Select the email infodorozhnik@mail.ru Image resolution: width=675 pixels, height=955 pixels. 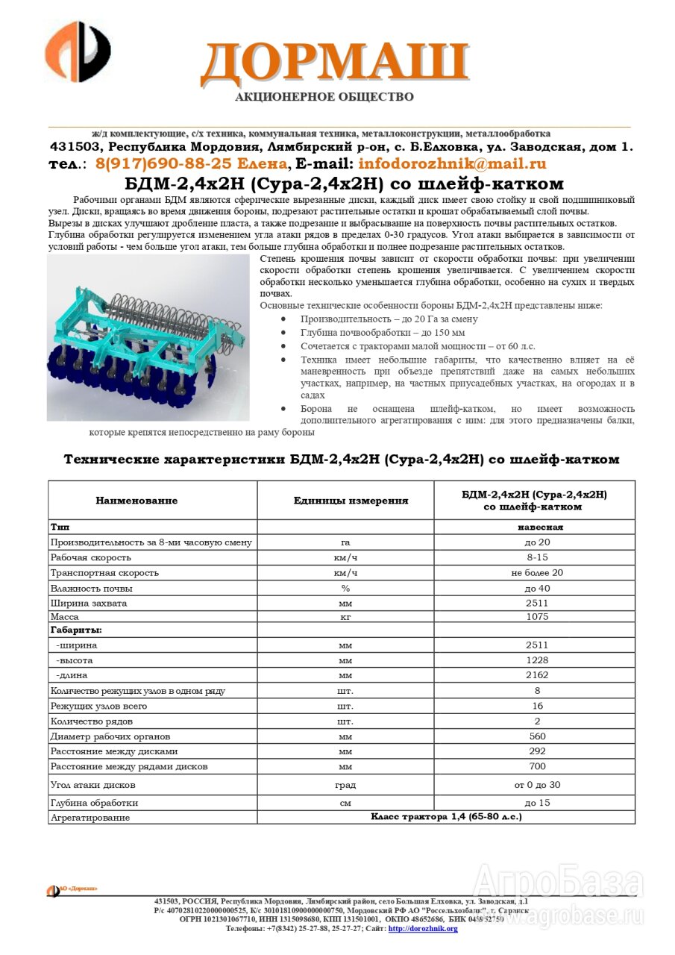pyautogui.click(x=452, y=164)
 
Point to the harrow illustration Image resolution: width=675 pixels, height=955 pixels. pyautogui.click(x=148, y=337)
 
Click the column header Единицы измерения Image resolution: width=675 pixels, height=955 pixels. pyautogui.click(x=345, y=501)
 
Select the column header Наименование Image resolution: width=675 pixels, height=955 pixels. pyautogui.click(x=136, y=501)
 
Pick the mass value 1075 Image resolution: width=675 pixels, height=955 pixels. pyautogui.click(x=536, y=617)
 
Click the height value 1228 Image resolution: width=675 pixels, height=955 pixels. pyautogui.click(x=536, y=660)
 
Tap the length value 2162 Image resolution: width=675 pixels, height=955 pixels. pyautogui.click(x=536, y=675)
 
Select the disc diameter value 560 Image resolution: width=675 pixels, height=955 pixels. pyautogui.click(x=536, y=736)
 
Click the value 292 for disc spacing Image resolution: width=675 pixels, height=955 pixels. pyautogui.click(x=536, y=751)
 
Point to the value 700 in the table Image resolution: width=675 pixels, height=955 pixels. pyautogui.click(x=536, y=766)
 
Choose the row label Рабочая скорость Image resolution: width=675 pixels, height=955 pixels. pyautogui.click(x=90, y=557)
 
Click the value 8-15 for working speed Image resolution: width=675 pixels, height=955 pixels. pyautogui.click(x=536, y=557)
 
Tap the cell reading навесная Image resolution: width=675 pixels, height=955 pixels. pyautogui.click(x=536, y=527)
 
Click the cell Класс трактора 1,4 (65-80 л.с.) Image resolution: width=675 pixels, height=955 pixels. pyautogui.click(x=446, y=817)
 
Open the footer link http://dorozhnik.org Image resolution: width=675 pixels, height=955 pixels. pyautogui.click(x=423, y=929)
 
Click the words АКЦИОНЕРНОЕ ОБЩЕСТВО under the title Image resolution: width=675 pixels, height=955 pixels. pyautogui.click(x=324, y=97)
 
